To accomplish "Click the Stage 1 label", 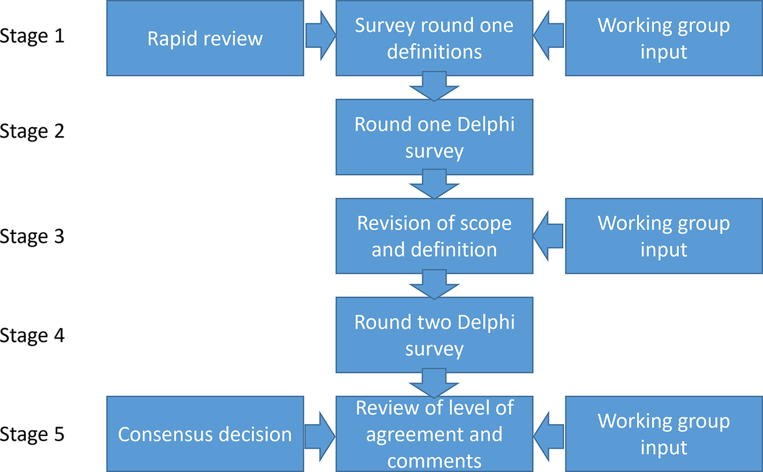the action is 32,36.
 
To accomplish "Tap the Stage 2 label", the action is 32,131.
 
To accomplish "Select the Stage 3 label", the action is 32,236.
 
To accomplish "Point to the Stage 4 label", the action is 32,335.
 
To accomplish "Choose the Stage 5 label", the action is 32,434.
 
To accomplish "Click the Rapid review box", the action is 205,38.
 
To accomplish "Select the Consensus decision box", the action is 205,434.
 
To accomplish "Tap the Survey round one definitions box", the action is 434,38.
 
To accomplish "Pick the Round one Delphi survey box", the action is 434,137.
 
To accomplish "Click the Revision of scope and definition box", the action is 434,236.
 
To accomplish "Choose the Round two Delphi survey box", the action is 434,335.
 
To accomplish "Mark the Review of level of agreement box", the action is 434,434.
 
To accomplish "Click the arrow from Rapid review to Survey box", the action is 320,35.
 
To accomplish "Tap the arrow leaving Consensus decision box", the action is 320,437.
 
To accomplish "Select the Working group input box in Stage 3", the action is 664,236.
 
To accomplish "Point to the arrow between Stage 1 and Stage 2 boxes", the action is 434,86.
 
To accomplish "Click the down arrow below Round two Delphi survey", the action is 434,383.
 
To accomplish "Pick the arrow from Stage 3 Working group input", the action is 548,236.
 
